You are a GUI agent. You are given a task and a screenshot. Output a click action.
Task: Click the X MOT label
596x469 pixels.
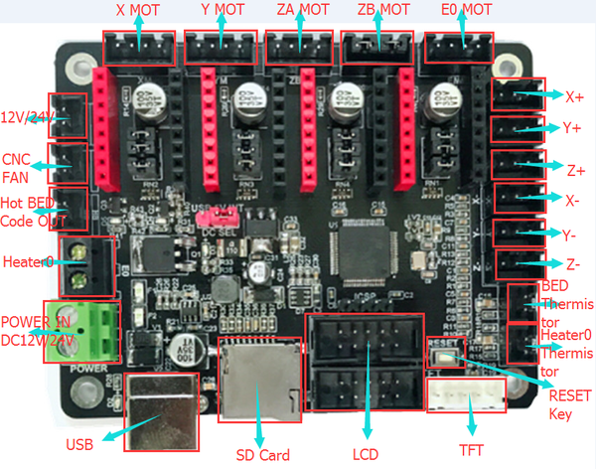click(140, 12)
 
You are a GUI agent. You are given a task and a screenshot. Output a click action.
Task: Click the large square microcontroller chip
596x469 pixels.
click(359, 248)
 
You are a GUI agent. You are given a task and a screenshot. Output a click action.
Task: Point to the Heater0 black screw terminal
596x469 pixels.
click(83, 260)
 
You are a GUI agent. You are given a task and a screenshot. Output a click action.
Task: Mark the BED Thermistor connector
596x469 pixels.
click(522, 302)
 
